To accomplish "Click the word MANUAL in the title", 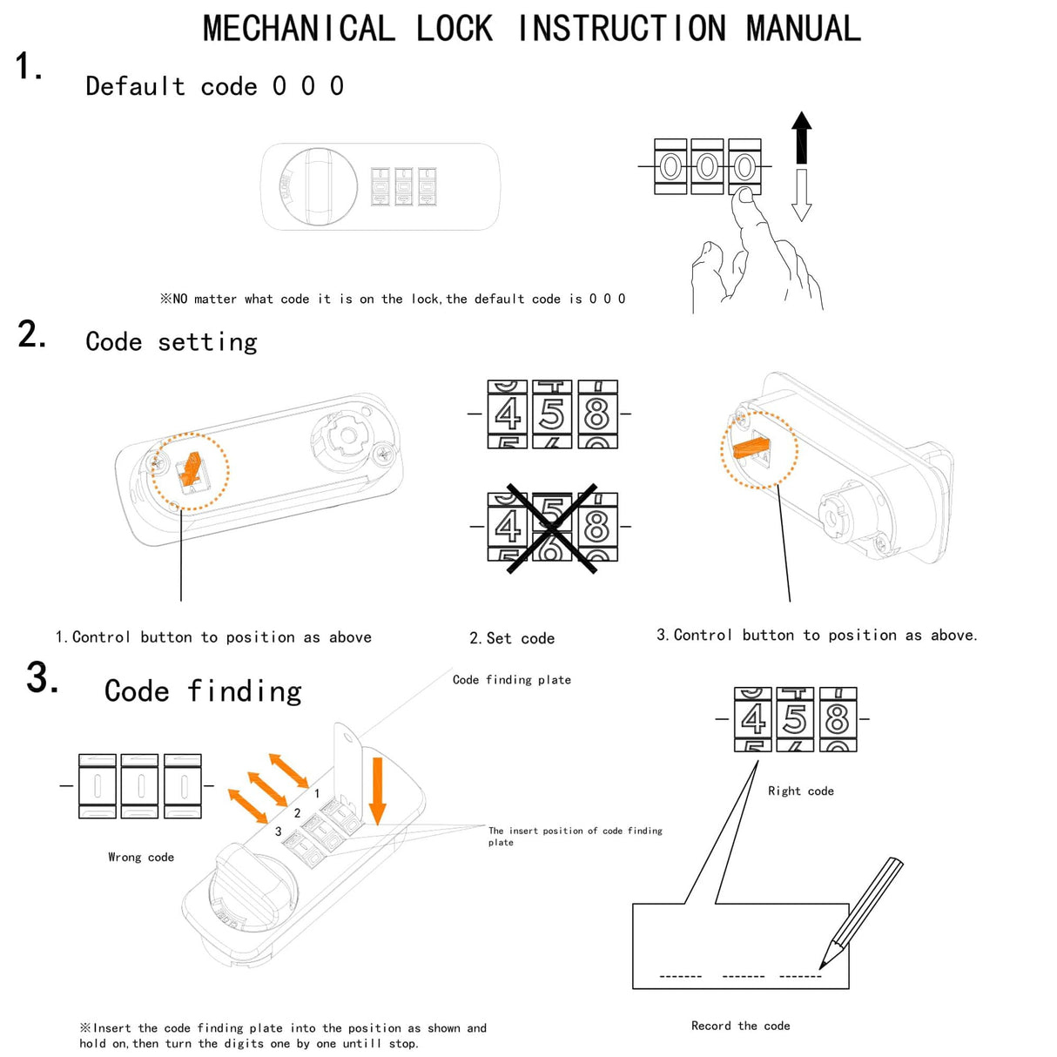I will point(803,29).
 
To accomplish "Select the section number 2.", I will point(31,335).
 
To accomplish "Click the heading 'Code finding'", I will point(203,691).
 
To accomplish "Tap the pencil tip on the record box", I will point(823,965).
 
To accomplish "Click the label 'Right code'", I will point(800,791).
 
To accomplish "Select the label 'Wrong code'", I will point(141,858).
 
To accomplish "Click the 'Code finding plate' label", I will point(512,680).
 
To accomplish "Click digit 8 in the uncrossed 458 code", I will point(597,414).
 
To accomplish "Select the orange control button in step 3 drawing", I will point(751,448).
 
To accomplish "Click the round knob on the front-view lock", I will point(319,186).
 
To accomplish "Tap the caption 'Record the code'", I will point(740,1026).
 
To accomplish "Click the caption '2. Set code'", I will point(512,638).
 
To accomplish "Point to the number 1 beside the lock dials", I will point(317,793).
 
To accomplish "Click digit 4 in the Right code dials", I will point(753,720).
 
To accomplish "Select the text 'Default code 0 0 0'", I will point(214,86).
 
